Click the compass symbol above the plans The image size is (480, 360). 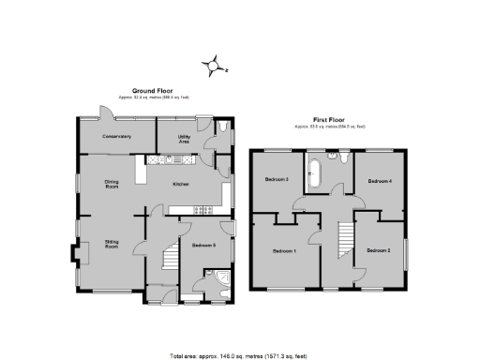point(214,64)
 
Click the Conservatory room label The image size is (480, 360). point(116,137)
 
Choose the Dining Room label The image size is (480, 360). point(111,185)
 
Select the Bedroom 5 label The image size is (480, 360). point(203,245)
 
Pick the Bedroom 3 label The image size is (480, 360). point(276,179)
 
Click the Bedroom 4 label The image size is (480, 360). point(379,179)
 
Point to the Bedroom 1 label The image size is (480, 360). point(284,250)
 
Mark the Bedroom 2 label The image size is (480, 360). point(378,250)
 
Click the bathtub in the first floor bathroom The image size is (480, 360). point(315,172)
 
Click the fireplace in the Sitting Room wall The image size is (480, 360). point(70,253)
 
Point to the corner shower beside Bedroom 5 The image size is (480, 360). point(218,278)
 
